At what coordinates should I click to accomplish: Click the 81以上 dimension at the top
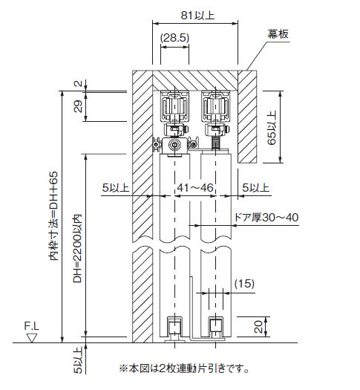[197, 16]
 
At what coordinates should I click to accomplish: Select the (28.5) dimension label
[174, 38]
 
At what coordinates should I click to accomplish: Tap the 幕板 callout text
[278, 34]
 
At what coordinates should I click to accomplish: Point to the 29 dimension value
[78, 106]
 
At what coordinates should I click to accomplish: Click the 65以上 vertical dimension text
[272, 128]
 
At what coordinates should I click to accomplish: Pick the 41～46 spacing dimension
[195, 187]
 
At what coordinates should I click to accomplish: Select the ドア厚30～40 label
[266, 218]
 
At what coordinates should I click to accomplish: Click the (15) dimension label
[244, 283]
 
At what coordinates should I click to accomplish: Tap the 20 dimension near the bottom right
[258, 327]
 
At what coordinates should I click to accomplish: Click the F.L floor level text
[32, 326]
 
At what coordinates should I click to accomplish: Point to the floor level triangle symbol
[32, 338]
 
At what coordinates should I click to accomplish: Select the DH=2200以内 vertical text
[77, 248]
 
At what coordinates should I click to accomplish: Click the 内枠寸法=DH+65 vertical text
[53, 216]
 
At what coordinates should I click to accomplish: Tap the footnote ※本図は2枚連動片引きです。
[184, 368]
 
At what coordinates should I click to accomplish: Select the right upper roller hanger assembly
[216, 120]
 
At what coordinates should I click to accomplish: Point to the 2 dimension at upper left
[78, 83]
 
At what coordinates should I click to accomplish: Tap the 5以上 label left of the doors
[116, 187]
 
